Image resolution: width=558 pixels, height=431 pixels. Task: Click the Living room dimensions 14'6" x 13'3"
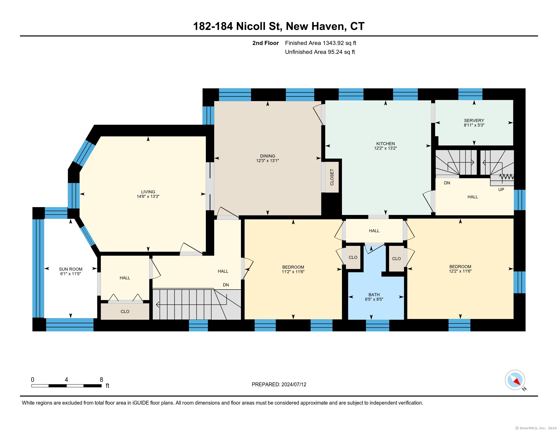coord(148,196)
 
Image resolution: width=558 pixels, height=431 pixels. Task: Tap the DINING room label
coord(268,156)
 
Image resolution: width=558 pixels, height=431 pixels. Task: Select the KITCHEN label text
coord(386,144)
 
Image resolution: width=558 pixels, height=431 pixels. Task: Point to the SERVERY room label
coord(474,120)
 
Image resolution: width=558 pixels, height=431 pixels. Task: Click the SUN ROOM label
coord(71,269)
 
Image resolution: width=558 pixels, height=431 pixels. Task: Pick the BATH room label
coord(374,295)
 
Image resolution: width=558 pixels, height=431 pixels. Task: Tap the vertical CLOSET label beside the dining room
coord(332,177)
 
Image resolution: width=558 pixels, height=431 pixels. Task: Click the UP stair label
coord(501,190)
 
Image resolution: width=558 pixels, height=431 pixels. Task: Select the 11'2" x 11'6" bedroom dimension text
coord(293,272)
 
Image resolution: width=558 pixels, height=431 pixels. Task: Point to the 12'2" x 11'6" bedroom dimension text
coord(460,271)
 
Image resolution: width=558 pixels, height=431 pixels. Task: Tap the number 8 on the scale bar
coord(101,380)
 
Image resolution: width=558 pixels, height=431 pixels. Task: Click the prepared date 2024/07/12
coord(294,385)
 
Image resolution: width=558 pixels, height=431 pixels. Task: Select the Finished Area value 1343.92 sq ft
coord(339,43)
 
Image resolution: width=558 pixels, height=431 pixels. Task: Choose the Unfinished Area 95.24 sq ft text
coord(320,52)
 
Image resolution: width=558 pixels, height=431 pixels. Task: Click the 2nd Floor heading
coord(266,43)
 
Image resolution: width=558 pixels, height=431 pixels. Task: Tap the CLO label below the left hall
coord(125,312)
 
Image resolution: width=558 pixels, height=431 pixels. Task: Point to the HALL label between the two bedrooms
coord(374,231)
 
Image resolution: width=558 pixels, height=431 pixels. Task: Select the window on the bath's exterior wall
coord(377,326)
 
